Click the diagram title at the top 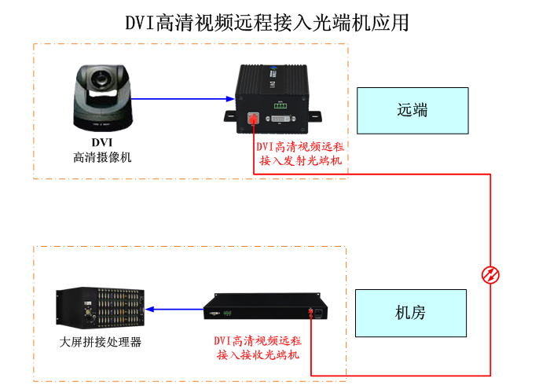tap(267, 22)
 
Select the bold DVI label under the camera tap(102, 142)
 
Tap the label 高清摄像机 tap(102, 157)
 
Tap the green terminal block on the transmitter tap(281, 105)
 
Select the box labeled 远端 tap(412, 110)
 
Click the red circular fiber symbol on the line tap(490, 274)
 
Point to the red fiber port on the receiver tap(312, 314)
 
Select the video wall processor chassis tap(98, 307)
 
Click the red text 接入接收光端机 tap(258, 355)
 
